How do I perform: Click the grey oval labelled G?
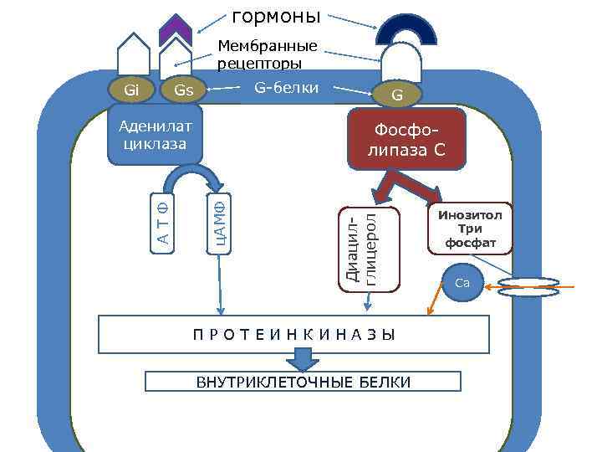[x=397, y=95]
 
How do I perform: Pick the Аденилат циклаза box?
[x=156, y=134]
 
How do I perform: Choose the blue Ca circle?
[x=462, y=284]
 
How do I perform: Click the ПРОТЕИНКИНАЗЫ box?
[x=293, y=335]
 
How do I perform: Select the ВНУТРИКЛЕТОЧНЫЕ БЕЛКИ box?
[x=303, y=383]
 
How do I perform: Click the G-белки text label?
[x=285, y=86]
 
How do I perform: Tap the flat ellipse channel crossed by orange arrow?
[x=528, y=288]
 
